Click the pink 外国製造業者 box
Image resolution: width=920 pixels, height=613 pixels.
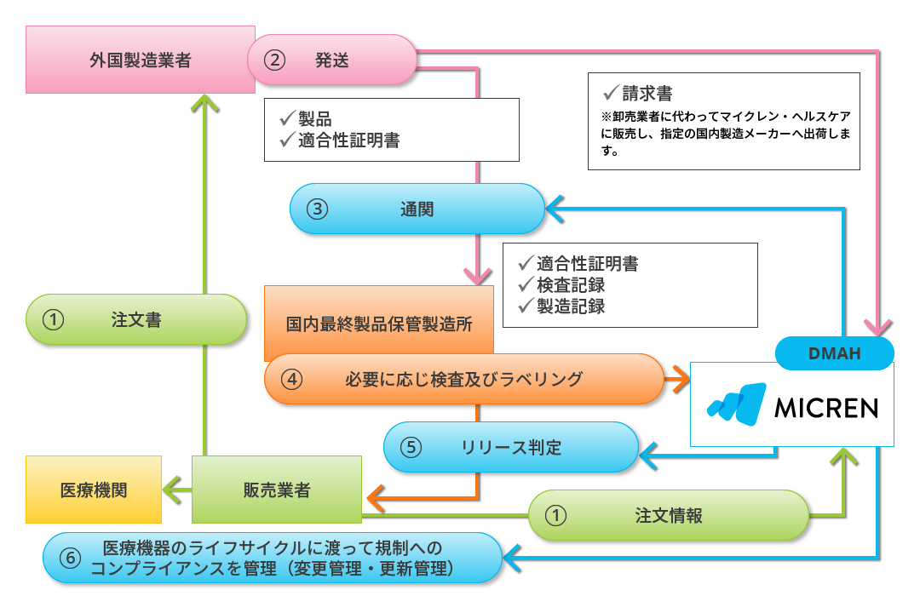pyautogui.click(x=141, y=60)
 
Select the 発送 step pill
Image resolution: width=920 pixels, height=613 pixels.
pyautogui.click(x=331, y=60)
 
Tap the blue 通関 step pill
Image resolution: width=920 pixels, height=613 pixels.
pyautogui.click(x=417, y=209)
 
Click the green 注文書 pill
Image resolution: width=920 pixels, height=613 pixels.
pyautogui.click(x=136, y=320)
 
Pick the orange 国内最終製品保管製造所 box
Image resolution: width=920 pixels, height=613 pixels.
pyautogui.click(x=379, y=324)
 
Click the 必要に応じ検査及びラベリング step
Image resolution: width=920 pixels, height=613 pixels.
pyautogui.click(x=463, y=379)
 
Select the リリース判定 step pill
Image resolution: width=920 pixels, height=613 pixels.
pyautogui.click(x=511, y=447)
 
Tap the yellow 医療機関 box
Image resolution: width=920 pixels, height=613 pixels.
pyautogui.click(x=94, y=490)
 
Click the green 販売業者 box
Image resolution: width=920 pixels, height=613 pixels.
pyautogui.click(x=277, y=490)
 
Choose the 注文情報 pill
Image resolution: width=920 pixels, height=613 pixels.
pyautogui.click(x=668, y=515)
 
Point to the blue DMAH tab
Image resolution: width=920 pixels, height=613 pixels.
pyautogui.click(x=834, y=352)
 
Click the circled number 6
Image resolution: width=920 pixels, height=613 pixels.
pyautogui.click(x=72, y=559)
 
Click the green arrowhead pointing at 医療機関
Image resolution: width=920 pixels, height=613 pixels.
pyautogui.click(x=173, y=490)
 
